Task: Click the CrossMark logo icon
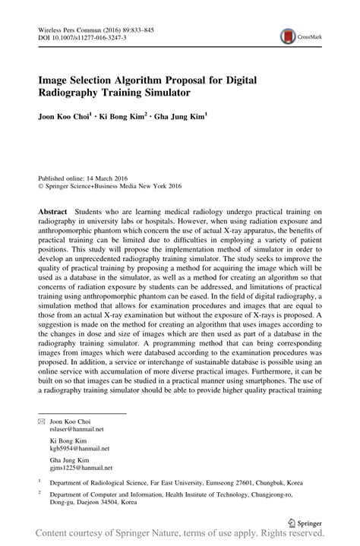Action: click(288, 35)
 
